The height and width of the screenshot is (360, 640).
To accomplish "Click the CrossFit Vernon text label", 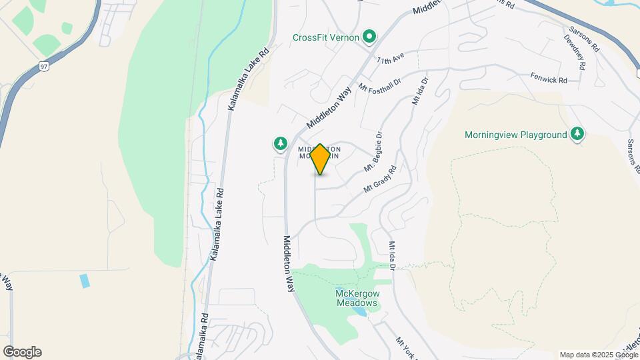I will [326, 37].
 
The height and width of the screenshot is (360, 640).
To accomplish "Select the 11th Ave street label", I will [391, 60].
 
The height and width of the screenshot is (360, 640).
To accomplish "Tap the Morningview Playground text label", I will [515, 135].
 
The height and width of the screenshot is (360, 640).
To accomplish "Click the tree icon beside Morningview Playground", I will [577, 135].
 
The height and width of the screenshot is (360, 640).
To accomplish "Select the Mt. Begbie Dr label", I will [373, 151].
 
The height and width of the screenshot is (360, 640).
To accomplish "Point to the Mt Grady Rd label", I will [380, 180].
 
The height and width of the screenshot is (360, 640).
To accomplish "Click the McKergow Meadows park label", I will [357, 298].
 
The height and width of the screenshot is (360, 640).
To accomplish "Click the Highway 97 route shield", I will [43, 66].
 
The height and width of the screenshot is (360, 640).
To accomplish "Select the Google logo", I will [22, 352].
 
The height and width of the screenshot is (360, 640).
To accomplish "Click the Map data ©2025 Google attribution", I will [598, 355].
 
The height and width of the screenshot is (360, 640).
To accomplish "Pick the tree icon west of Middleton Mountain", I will [281, 143].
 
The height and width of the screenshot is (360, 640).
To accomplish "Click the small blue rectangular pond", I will [85, 281].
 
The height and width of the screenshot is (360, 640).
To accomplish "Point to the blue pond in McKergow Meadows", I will [360, 311].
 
